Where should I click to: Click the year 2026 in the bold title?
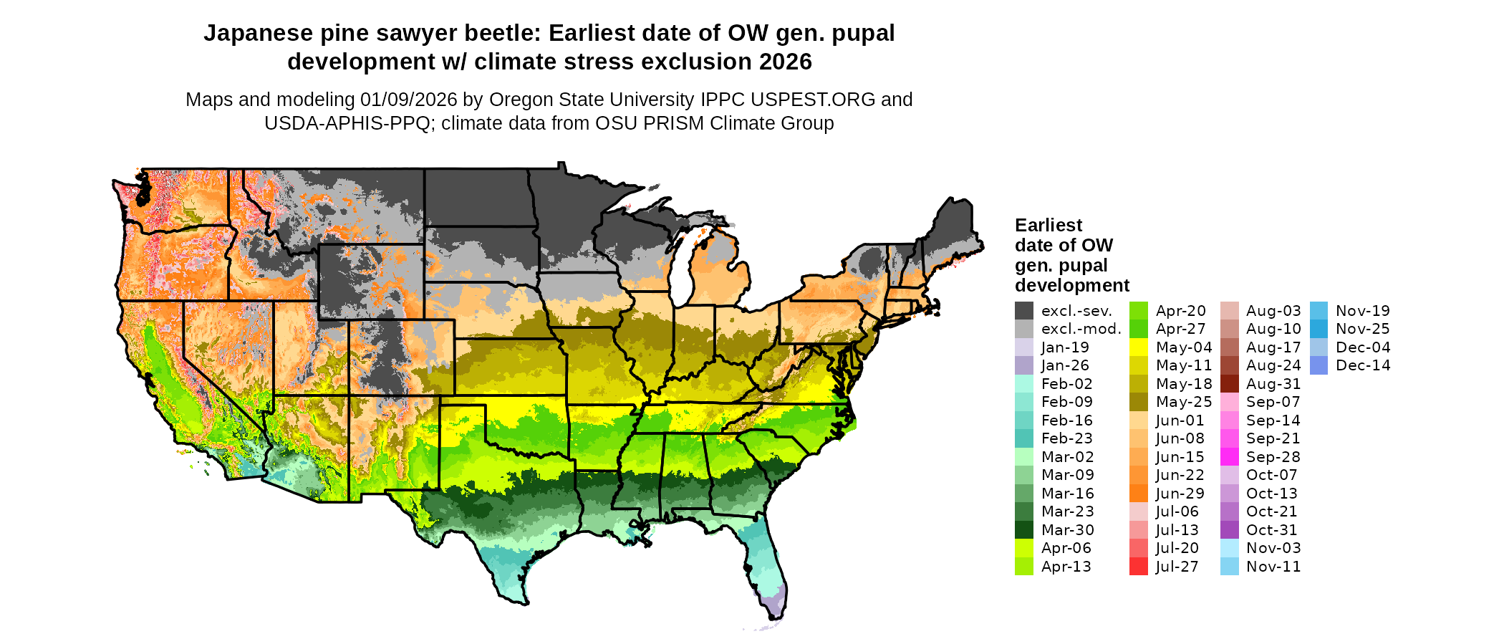point(786,62)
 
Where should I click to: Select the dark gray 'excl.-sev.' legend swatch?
point(1024,311)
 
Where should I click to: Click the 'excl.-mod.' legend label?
point(1081,330)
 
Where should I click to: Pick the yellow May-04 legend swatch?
point(1139,347)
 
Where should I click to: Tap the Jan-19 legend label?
point(1065,347)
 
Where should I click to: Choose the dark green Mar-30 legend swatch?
point(1024,530)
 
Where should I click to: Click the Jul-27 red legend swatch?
point(1139,567)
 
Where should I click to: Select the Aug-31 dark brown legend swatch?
point(1229,384)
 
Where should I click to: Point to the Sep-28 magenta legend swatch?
point(1229,457)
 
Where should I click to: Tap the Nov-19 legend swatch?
point(1319,311)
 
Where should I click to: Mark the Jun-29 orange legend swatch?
point(1139,494)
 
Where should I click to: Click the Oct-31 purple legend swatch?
point(1229,530)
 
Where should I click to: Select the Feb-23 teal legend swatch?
point(1024,438)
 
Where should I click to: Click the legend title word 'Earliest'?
point(1049,226)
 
